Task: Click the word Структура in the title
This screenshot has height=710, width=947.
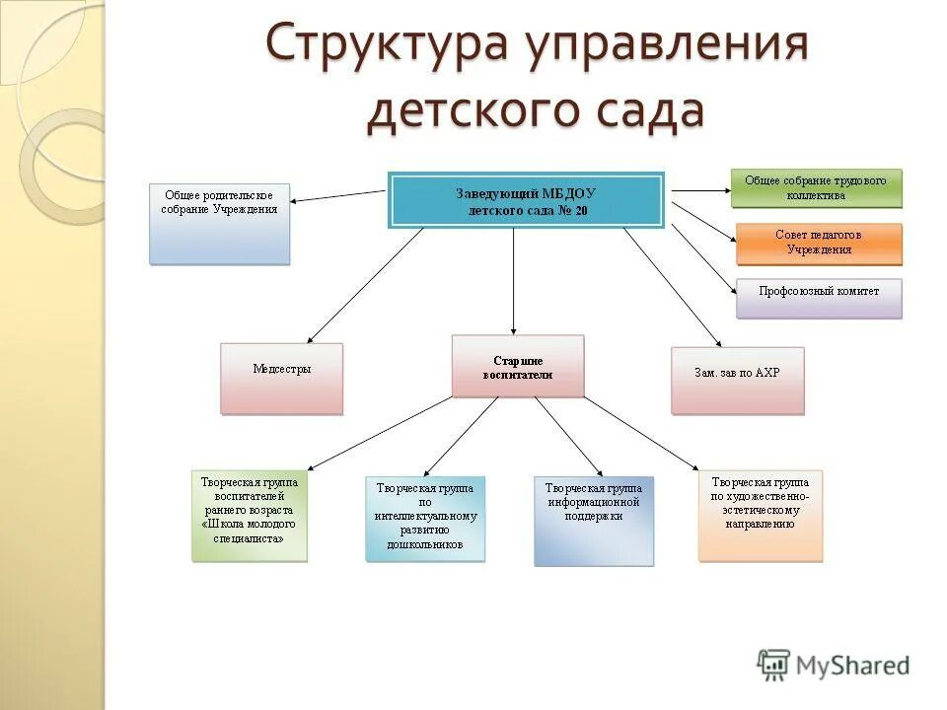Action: [x=391, y=43]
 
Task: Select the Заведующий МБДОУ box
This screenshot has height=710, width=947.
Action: [x=526, y=200]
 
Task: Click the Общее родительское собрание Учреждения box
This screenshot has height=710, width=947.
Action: [x=220, y=223]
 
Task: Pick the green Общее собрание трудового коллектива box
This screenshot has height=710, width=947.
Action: [x=816, y=187]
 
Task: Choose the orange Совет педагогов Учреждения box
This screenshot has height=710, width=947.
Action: [x=819, y=243]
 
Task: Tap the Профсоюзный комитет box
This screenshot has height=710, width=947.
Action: [x=819, y=298]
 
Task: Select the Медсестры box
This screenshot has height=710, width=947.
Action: [x=282, y=378]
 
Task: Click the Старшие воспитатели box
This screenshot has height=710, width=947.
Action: [x=518, y=366]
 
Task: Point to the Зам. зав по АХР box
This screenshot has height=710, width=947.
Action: [x=737, y=380]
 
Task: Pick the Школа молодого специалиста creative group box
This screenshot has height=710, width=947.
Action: [x=250, y=516]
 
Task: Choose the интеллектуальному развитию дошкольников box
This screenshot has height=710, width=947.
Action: [x=425, y=519]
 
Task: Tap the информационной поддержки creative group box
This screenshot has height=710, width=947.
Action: [x=593, y=521]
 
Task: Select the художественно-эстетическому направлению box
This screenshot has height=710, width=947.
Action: [x=760, y=515]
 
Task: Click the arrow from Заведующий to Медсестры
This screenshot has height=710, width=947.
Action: [x=365, y=286]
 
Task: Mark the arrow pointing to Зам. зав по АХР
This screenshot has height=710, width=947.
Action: [x=671, y=286]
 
